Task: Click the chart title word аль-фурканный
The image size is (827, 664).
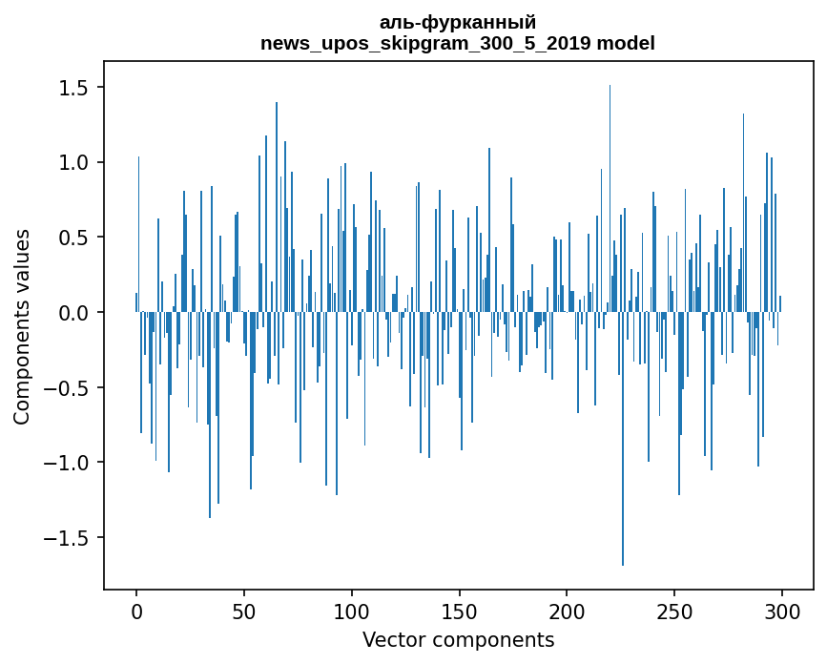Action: [x=458, y=22]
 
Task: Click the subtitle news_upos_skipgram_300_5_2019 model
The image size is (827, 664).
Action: [x=458, y=43]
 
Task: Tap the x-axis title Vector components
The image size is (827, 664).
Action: [x=458, y=639]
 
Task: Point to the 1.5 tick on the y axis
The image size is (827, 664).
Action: [x=74, y=88]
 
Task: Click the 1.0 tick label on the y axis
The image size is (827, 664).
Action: [x=74, y=163]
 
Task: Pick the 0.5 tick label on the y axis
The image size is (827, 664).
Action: [x=74, y=238]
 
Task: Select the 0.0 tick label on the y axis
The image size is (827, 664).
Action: [x=74, y=313]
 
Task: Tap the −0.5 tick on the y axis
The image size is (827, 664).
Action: [x=68, y=388]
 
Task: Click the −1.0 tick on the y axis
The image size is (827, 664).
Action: [x=68, y=463]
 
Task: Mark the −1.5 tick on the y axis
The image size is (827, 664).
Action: [x=68, y=538]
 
